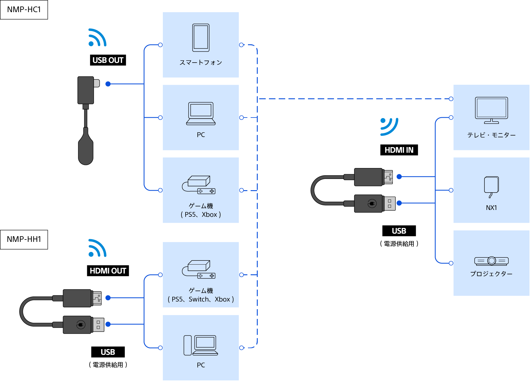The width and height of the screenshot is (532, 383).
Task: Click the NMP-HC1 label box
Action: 24,10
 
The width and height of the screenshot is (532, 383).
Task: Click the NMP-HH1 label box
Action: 24,239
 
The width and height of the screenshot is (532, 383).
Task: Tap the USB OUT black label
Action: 108,60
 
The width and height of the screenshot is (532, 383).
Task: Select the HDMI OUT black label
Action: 108,271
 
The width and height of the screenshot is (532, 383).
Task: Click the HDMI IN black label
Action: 399,150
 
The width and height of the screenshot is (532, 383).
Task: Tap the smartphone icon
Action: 201,38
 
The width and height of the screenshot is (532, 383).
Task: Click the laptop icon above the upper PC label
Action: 201,114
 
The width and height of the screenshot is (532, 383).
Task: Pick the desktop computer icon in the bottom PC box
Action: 201,345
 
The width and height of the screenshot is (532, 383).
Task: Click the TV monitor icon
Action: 491,110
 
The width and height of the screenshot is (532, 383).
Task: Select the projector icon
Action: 491,261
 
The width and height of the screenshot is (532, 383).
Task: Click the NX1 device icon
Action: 491,186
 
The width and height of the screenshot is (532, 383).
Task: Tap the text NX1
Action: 491,208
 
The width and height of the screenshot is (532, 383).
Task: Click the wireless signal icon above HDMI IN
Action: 389,126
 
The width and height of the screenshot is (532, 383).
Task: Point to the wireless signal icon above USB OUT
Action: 97,38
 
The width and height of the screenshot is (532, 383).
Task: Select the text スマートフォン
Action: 201,62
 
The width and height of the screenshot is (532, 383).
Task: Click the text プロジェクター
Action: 491,274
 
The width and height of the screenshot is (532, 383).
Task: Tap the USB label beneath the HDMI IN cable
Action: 399,231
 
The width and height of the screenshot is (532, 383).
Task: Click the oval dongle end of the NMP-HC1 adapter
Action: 86,151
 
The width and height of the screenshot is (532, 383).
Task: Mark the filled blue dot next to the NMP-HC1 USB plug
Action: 108,84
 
